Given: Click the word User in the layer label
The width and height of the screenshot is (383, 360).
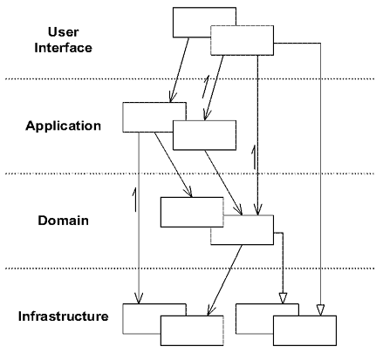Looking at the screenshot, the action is pos(63,32).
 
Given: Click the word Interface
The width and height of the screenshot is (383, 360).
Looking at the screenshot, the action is pos(63,48).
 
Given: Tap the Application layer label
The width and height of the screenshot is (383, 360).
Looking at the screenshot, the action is pos(63,126).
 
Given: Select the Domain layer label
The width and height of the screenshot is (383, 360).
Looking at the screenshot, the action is pos(63,221).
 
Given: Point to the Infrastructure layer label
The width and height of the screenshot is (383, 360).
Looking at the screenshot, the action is pos(63,316).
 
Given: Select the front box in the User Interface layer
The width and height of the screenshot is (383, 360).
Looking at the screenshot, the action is pos(242,40).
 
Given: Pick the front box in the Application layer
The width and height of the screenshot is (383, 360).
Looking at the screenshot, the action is pos(204,135).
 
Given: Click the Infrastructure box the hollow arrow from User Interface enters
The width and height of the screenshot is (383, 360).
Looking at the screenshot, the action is pos(304,330).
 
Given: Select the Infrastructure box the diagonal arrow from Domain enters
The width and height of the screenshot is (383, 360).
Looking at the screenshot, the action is pos(192,330).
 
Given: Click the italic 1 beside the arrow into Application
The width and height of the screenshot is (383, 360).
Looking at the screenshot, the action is pos(205,86).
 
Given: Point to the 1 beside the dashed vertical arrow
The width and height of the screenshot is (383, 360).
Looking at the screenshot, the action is pos(254,158).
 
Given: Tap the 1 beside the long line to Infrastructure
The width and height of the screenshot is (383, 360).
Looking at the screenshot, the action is pos(134,200).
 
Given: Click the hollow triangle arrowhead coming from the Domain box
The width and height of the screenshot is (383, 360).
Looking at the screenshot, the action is pos(283,298).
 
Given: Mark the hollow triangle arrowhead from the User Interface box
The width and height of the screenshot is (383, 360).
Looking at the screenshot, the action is pos(320,310).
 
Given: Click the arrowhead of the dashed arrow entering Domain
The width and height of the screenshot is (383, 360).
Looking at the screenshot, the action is pos(257,209).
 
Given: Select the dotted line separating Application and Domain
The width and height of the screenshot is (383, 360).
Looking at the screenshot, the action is pos(189,173).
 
